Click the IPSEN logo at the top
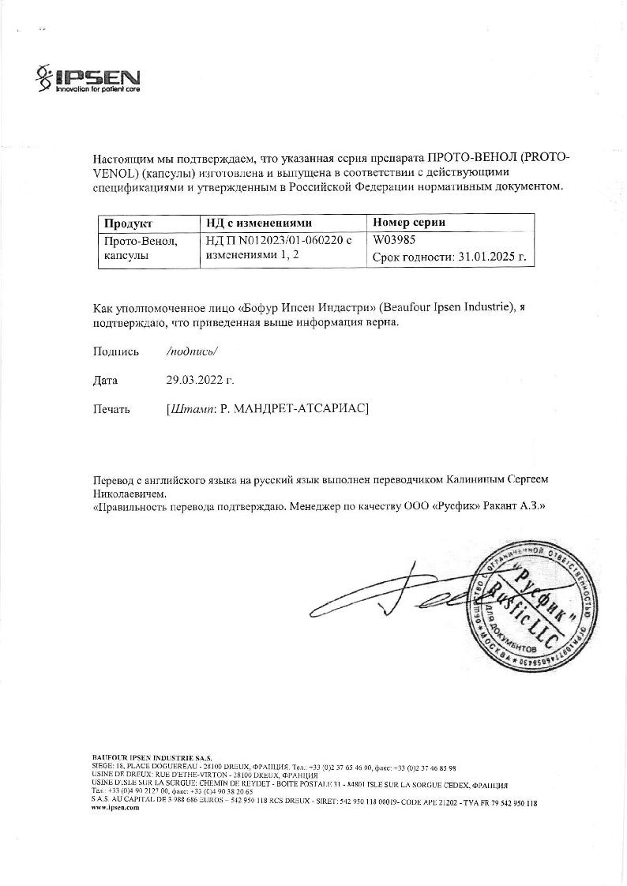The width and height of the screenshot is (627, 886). (x=88, y=79)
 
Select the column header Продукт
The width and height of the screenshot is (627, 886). (x=128, y=223)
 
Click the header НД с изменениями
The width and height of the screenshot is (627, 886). (x=259, y=223)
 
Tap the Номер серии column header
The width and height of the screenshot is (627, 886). (x=409, y=223)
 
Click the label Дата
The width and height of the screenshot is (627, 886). (x=105, y=380)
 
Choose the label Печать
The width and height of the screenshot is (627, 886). (x=111, y=408)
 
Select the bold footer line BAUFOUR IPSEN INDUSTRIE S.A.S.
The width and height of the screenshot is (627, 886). (x=152, y=757)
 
